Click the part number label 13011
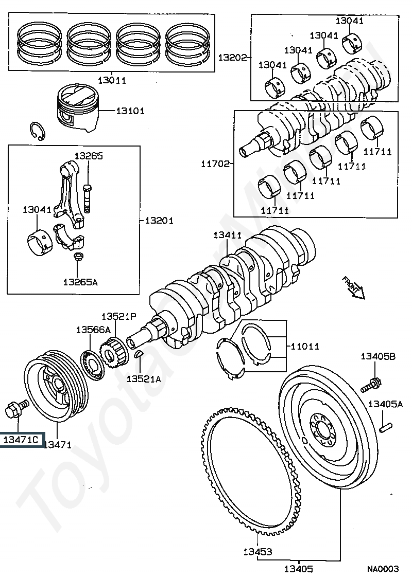click(x=112, y=80)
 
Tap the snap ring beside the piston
click(x=37, y=131)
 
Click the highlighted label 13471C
click(x=21, y=440)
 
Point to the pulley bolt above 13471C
click(x=17, y=408)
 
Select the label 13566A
click(x=93, y=330)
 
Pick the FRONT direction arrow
click(x=353, y=287)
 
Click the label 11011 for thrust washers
click(x=304, y=346)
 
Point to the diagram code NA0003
click(x=383, y=569)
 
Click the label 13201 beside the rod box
click(x=159, y=221)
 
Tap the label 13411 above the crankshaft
click(x=228, y=235)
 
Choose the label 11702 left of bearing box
click(x=215, y=163)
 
